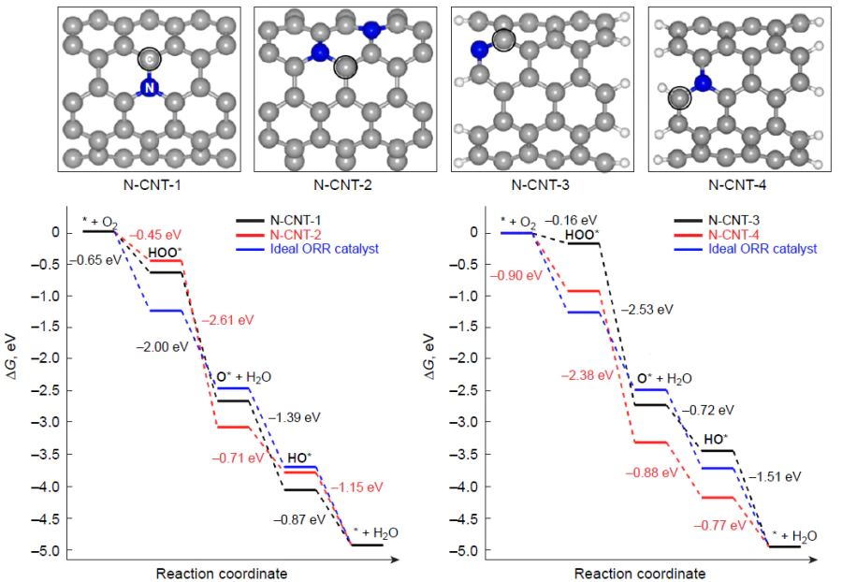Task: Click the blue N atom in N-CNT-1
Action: [148, 87]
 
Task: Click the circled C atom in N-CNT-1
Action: [148, 60]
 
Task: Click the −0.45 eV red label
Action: [155, 235]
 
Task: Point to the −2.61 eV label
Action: [228, 320]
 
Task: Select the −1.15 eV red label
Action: [356, 487]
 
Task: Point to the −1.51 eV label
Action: [775, 476]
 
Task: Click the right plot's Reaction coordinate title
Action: [640, 573]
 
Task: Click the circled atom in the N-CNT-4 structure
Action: [679, 96]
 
